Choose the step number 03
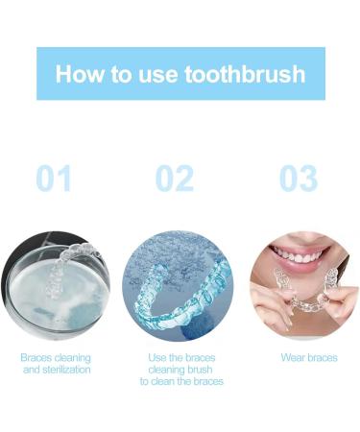pos(300,179)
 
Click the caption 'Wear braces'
pos(308,357)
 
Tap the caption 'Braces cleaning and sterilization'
pos(56,363)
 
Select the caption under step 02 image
pos(180,370)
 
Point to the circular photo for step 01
pos(55,285)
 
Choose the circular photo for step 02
pos(179,285)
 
